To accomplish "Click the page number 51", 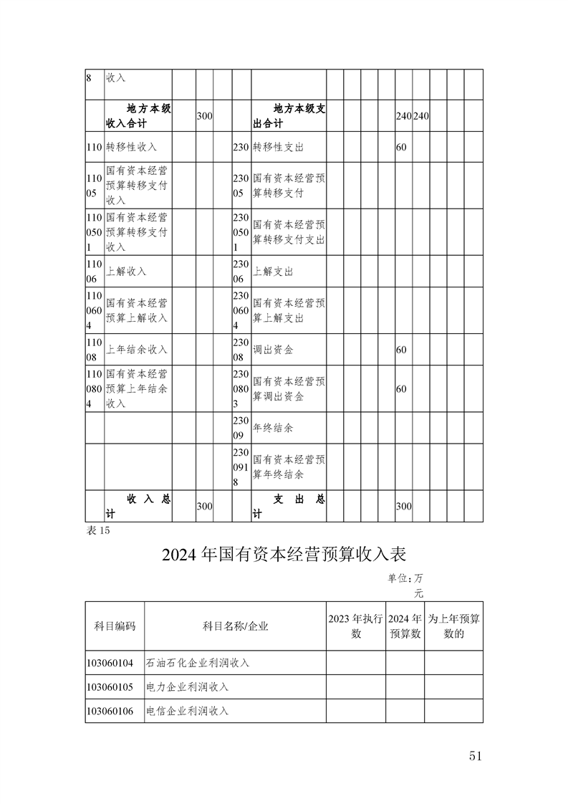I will coord(478,756).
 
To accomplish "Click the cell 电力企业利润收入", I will coord(187,686).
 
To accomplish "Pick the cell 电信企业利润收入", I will coord(187,711).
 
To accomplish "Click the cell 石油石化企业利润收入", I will coord(198,663).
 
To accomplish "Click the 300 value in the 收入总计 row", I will coord(204,506).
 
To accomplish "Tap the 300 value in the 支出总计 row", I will coord(403,506).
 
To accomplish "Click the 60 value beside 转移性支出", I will coord(401,147).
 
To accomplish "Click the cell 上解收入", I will coord(126,272).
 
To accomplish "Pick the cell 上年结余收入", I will coord(136,350).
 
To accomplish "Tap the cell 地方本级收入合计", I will coord(138,116).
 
